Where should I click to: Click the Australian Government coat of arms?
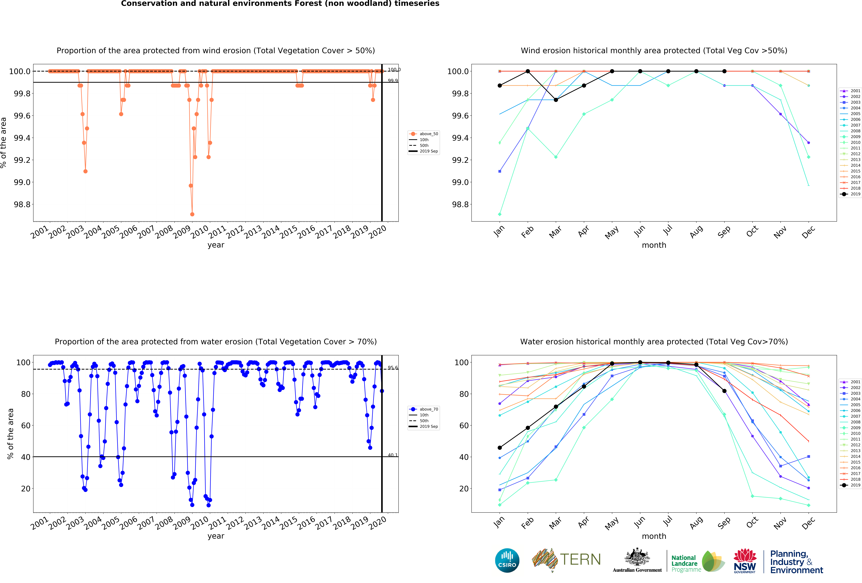tap(637, 557)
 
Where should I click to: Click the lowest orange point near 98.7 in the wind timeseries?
tap(192, 214)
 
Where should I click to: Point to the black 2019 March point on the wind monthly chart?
tap(556, 100)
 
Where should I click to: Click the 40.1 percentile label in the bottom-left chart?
tap(392, 455)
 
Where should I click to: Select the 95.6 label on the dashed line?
tap(392, 368)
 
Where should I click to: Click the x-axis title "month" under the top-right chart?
tap(654, 245)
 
